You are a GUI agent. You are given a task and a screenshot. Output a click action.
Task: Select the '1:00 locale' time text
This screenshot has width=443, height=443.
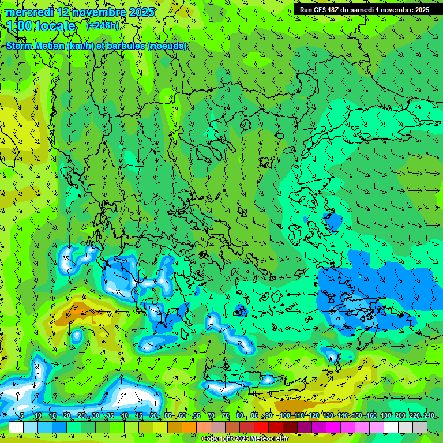41,26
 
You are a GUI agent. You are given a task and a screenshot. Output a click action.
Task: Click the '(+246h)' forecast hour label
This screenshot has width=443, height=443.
103,26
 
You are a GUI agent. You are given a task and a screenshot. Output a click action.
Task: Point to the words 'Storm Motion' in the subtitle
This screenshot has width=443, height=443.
35,46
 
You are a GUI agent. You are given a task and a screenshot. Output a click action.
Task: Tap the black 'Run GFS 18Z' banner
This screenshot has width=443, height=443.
364,10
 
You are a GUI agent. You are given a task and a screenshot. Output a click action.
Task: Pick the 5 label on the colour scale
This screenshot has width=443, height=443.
22,416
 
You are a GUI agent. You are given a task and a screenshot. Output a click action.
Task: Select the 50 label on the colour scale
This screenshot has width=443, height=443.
153,416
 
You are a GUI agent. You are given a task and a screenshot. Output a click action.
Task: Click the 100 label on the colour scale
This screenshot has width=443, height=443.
284,416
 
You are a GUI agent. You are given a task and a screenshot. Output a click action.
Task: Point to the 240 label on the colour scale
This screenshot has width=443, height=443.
429,416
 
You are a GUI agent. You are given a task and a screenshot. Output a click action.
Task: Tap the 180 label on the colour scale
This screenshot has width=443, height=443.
385,416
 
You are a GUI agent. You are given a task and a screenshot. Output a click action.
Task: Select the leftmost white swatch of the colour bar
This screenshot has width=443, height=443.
16,427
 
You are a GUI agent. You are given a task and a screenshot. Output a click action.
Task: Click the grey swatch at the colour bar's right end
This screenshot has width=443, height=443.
420,427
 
